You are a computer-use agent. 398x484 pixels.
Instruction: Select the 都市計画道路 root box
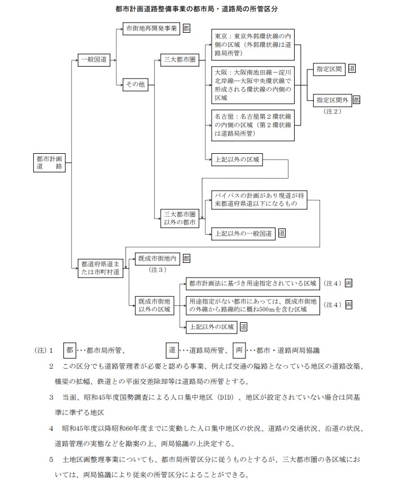50,163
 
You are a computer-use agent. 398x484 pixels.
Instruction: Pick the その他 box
135,84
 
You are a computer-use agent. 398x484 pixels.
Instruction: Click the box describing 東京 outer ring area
253,45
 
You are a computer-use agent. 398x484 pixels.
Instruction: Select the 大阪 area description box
253,85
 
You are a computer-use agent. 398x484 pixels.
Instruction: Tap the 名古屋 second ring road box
253,124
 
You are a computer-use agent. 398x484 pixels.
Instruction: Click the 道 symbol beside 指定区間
351,69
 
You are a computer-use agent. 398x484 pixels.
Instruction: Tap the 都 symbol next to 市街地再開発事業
187,28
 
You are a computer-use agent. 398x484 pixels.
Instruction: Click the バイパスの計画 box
259,199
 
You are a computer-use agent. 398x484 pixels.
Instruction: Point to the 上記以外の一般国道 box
243,233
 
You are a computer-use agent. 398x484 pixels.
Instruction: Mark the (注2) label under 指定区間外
333,111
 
